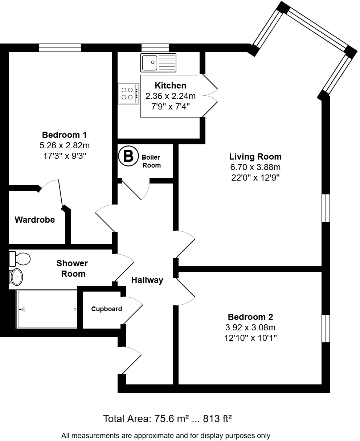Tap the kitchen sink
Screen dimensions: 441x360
pos(158,63)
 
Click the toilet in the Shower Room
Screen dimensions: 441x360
pos(20,259)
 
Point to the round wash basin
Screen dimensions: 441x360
pos(17,277)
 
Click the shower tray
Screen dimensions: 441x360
pos(47,309)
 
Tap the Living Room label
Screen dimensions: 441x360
pos(255,157)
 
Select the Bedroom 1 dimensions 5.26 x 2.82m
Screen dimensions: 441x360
pos(65,146)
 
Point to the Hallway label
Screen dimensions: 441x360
pos(147,280)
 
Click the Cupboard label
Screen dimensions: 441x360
pos(106,309)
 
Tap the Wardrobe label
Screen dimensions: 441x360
pos(35,220)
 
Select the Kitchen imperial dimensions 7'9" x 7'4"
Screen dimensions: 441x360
pos(170,107)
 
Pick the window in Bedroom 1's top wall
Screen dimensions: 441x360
pos(60,48)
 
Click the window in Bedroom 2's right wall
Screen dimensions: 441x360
pos(326,329)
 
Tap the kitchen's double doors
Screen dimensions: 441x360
pos(210,96)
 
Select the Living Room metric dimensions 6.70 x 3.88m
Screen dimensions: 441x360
pos(255,167)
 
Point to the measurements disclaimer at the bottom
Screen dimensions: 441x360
pos(166,435)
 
